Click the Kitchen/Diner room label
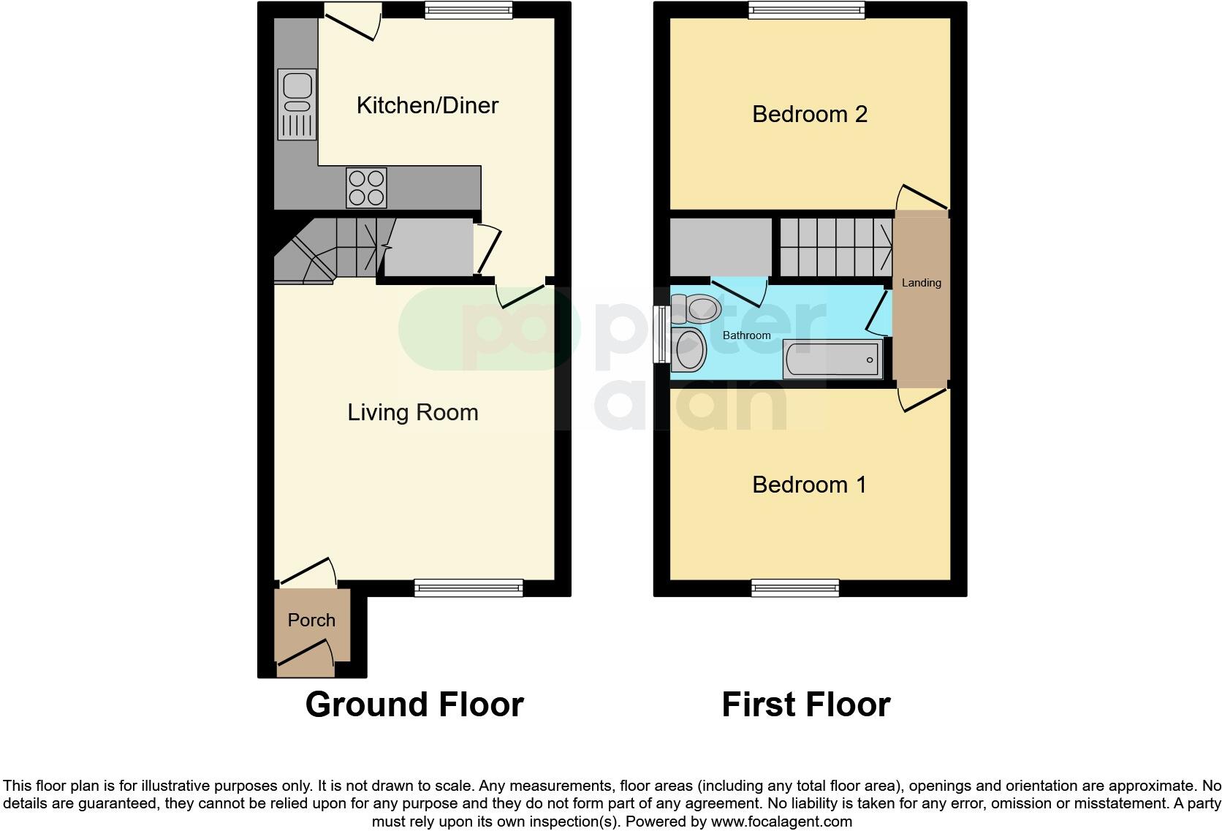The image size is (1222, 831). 427,105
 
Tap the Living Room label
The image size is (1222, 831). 412,412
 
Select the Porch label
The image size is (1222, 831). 311,620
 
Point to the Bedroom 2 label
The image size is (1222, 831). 809,114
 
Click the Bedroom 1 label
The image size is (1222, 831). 809,485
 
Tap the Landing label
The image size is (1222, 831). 921,283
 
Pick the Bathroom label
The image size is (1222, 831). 746,335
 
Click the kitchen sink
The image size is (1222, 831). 297,103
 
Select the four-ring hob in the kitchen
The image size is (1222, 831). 366,187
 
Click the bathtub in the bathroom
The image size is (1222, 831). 832,359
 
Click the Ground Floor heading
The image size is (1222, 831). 414,705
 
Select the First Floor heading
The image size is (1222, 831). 805,705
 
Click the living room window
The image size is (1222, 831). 468,587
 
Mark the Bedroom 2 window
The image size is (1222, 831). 806,10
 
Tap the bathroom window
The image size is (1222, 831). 662,334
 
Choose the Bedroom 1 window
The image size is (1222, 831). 795,587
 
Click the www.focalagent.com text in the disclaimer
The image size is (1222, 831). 781,821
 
